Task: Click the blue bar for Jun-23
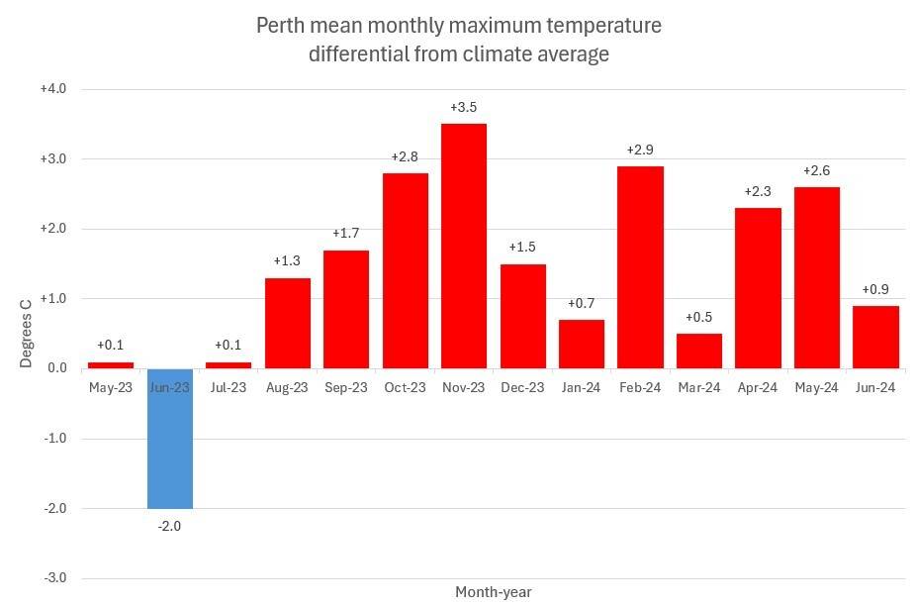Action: click(170, 438)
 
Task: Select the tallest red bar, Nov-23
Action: click(464, 246)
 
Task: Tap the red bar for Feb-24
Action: click(640, 267)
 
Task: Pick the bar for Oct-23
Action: click(406, 270)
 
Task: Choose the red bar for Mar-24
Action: click(699, 351)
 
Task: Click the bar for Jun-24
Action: click(875, 337)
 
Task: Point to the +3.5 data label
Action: click(464, 107)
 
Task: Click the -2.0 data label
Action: click(170, 526)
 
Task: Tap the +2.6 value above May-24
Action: click(816, 170)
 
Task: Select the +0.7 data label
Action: click(582, 303)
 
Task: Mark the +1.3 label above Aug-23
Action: click(288, 261)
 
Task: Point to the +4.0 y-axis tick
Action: click(52, 89)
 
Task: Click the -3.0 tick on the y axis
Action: click(54, 578)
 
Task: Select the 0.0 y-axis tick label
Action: click(56, 368)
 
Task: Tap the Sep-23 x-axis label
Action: click(346, 387)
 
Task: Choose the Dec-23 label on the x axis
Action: click(522, 387)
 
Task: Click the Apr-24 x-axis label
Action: click(758, 387)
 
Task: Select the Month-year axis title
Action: click(493, 592)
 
